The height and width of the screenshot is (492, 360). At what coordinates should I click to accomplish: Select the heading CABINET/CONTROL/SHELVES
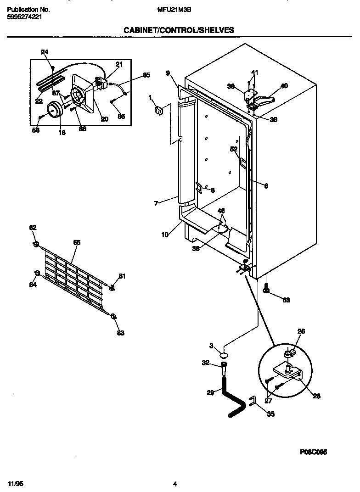pyautogui.click(x=179, y=30)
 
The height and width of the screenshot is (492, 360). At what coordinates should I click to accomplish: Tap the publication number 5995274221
pyautogui.click(x=24, y=16)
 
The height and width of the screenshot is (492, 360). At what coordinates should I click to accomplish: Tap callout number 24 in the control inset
pyautogui.click(x=44, y=52)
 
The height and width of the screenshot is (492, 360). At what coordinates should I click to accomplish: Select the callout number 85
pyautogui.click(x=146, y=75)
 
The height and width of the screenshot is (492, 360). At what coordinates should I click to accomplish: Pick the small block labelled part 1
pyautogui.click(x=159, y=111)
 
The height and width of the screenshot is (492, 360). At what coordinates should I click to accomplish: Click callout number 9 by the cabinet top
pyautogui.click(x=168, y=73)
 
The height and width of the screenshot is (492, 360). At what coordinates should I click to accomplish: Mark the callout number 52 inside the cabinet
pyautogui.click(x=234, y=149)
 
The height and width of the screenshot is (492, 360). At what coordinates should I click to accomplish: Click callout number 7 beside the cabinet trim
pyautogui.click(x=156, y=203)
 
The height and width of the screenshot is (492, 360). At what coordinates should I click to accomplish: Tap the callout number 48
pyautogui.click(x=221, y=211)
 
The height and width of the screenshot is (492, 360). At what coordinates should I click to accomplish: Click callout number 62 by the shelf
pyautogui.click(x=33, y=228)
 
